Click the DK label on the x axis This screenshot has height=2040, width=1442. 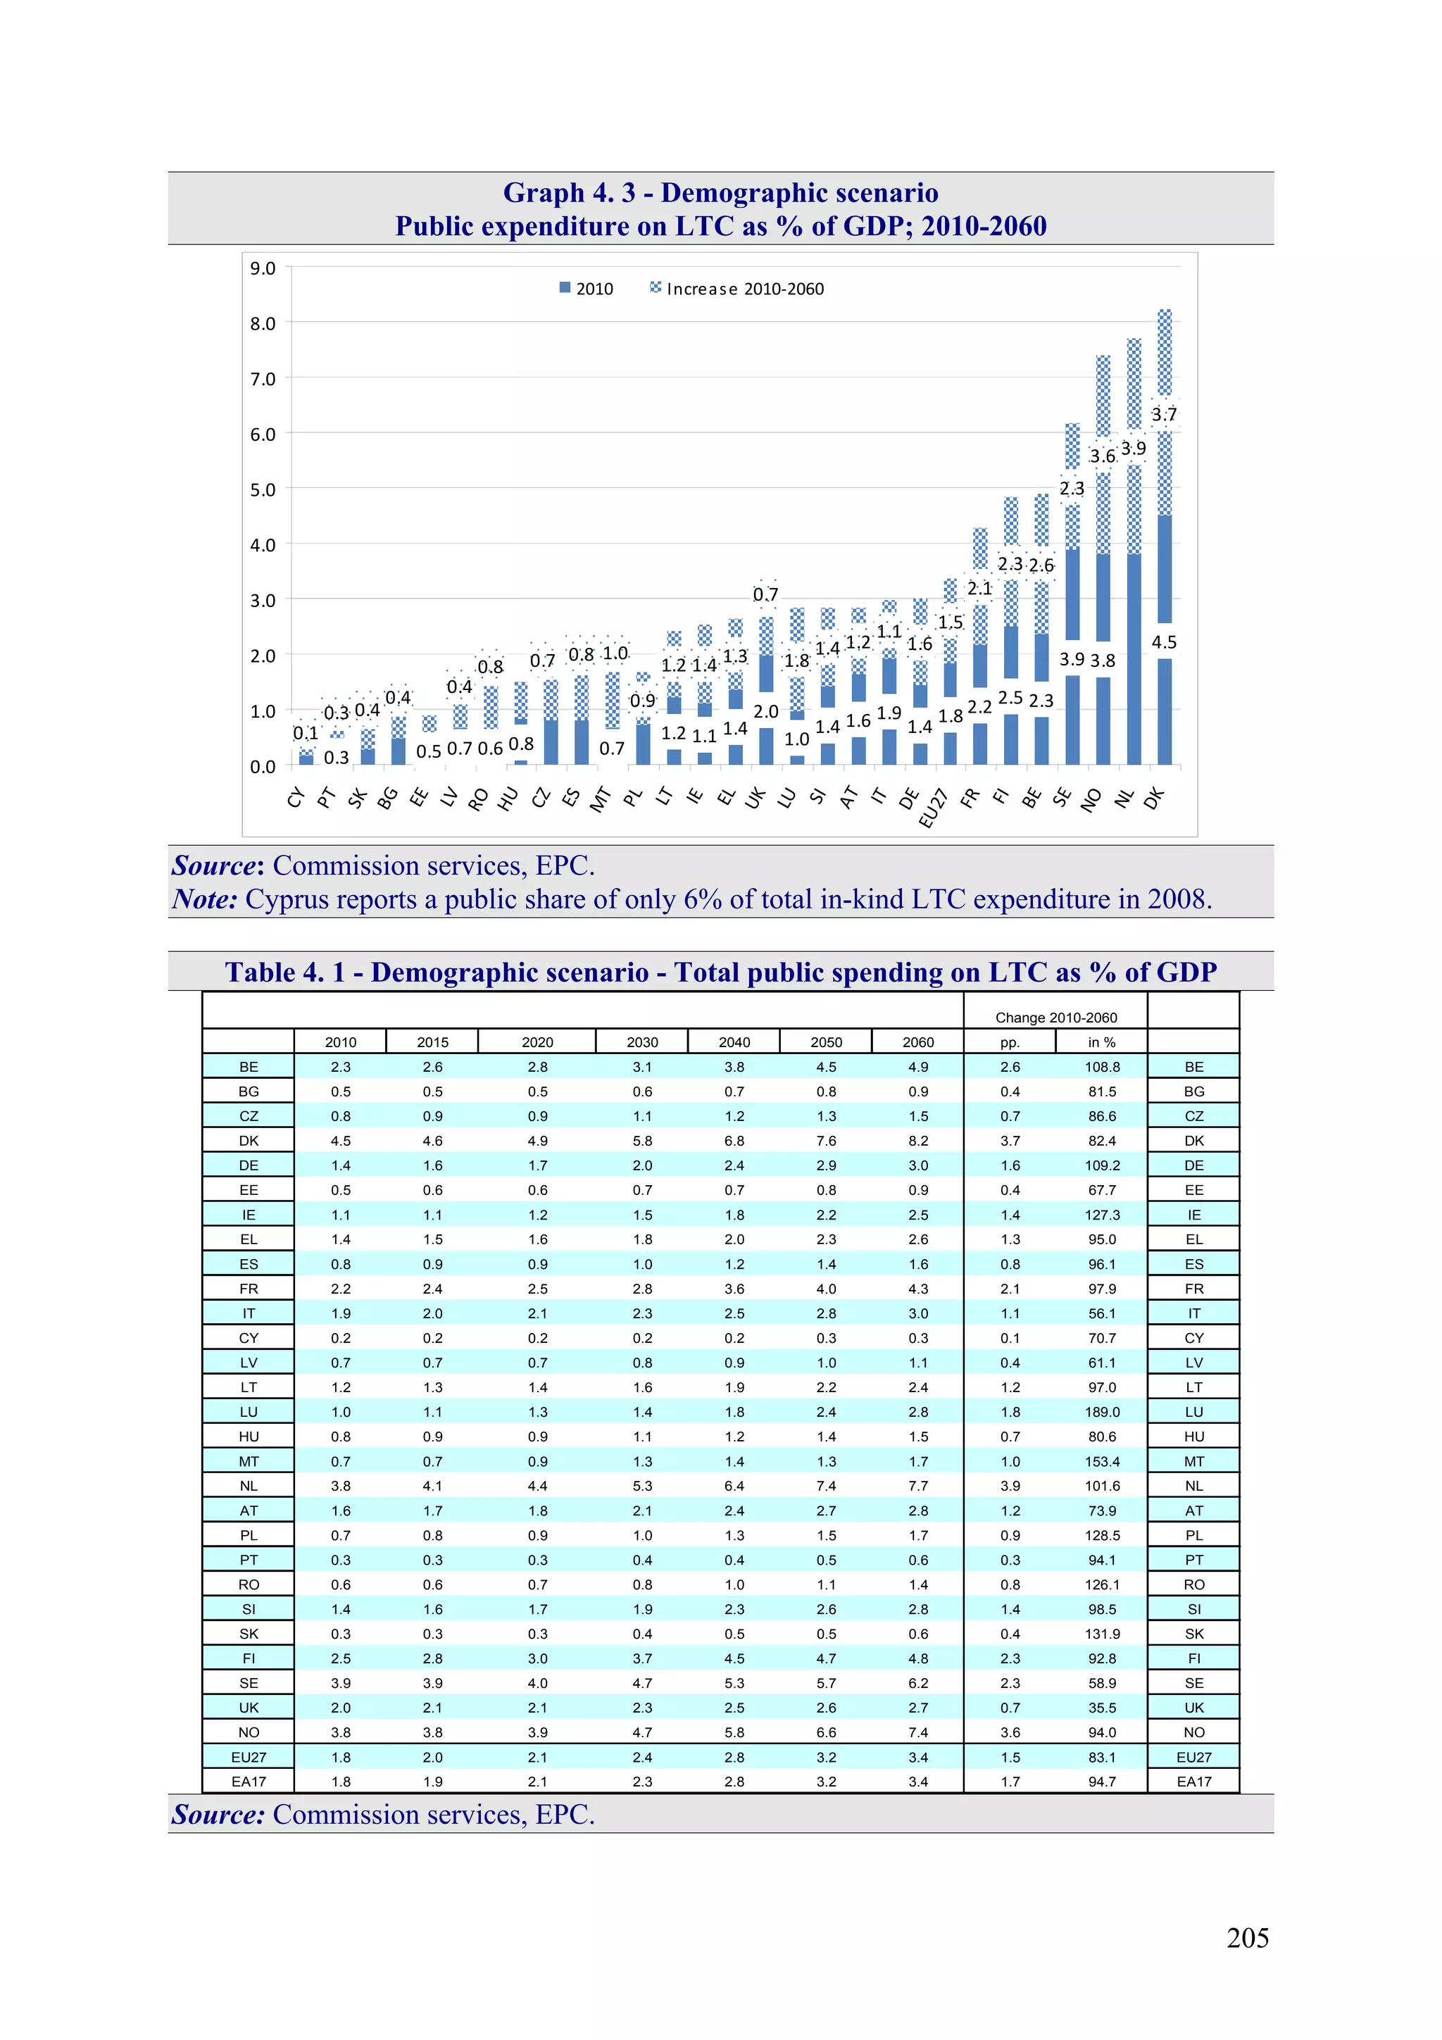pyautogui.click(x=1153, y=799)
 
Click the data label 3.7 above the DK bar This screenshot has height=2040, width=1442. pyautogui.click(x=1163, y=414)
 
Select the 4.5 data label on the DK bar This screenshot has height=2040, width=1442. pyautogui.click(x=1163, y=642)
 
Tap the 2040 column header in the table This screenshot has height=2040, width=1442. pyautogui.click(x=734, y=1042)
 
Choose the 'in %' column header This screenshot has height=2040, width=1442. pyautogui.click(x=1102, y=1042)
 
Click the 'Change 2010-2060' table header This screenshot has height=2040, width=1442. pyautogui.click(x=1055, y=1018)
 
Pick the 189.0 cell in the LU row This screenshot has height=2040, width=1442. pyautogui.click(x=1102, y=1412)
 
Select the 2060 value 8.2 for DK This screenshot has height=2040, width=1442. pyautogui.click(x=918, y=1141)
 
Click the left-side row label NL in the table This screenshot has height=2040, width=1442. pyautogui.click(x=249, y=1486)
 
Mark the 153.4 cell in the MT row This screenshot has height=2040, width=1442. pyautogui.click(x=1102, y=1462)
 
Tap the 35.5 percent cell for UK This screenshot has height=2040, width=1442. pyautogui.click(x=1102, y=1708)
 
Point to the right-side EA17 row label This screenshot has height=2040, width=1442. pyautogui.click(x=1193, y=1782)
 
